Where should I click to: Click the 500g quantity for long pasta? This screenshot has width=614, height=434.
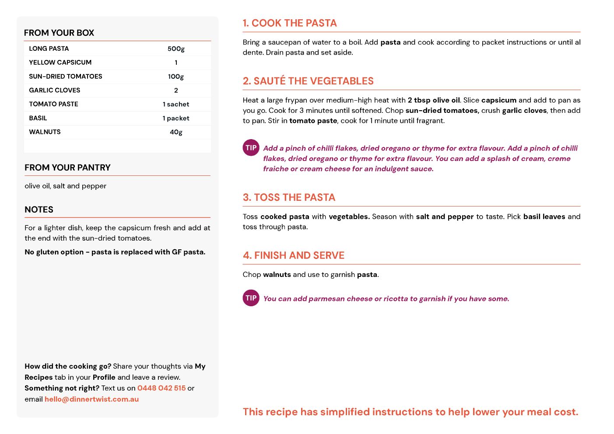pyautogui.click(x=176, y=49)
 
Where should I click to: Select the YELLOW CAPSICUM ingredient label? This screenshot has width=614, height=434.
pyautogui.click(x=60, y=63)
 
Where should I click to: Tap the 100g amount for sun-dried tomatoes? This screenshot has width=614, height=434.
pyautogui.click(x=176, y=77)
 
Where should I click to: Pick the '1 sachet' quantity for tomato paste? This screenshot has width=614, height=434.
pyautogui.click(x=176, y=104)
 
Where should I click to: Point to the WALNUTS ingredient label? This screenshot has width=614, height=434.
pyautogui.click(x=45, y=132)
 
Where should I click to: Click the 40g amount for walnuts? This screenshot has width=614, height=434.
pyautogui.click(x=176, y=132)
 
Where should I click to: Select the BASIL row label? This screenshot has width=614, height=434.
pyautogui.click(x=38, y=118)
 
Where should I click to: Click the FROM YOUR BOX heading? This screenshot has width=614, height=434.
pyautogui.click(x=59, y=33)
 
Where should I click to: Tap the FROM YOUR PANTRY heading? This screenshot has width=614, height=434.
pyautogui.click(x=67, y=168)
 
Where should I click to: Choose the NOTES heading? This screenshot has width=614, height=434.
pyautogui.click(x=39, y=210)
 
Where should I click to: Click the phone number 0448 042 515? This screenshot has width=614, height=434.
pyautogui.click(x=161, y=388)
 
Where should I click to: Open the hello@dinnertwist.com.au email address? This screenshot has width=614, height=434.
pyautogui.click(x=91, y=399)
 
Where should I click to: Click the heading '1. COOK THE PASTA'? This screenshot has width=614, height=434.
pyautogui.click(x=290, y=23)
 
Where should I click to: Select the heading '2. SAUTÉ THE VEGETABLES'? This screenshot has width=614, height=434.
pyautogui.click(x=308, y=81)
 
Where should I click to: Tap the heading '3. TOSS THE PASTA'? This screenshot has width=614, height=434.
pyautogui.click(x=289, y=197)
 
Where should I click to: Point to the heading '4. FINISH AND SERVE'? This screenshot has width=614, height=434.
pyautogui.click(x=294, y=255)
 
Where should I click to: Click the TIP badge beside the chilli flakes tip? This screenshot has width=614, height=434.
pyautogui.click(x=251, y=148)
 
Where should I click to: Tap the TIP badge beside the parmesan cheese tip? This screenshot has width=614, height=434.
pyautogui.click(x=251, y=298)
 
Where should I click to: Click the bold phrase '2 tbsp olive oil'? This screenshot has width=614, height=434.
pyautogui.click(x=434, y=100)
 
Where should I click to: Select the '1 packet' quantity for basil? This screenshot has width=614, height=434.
pyautogui.click(x=176, y=118)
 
